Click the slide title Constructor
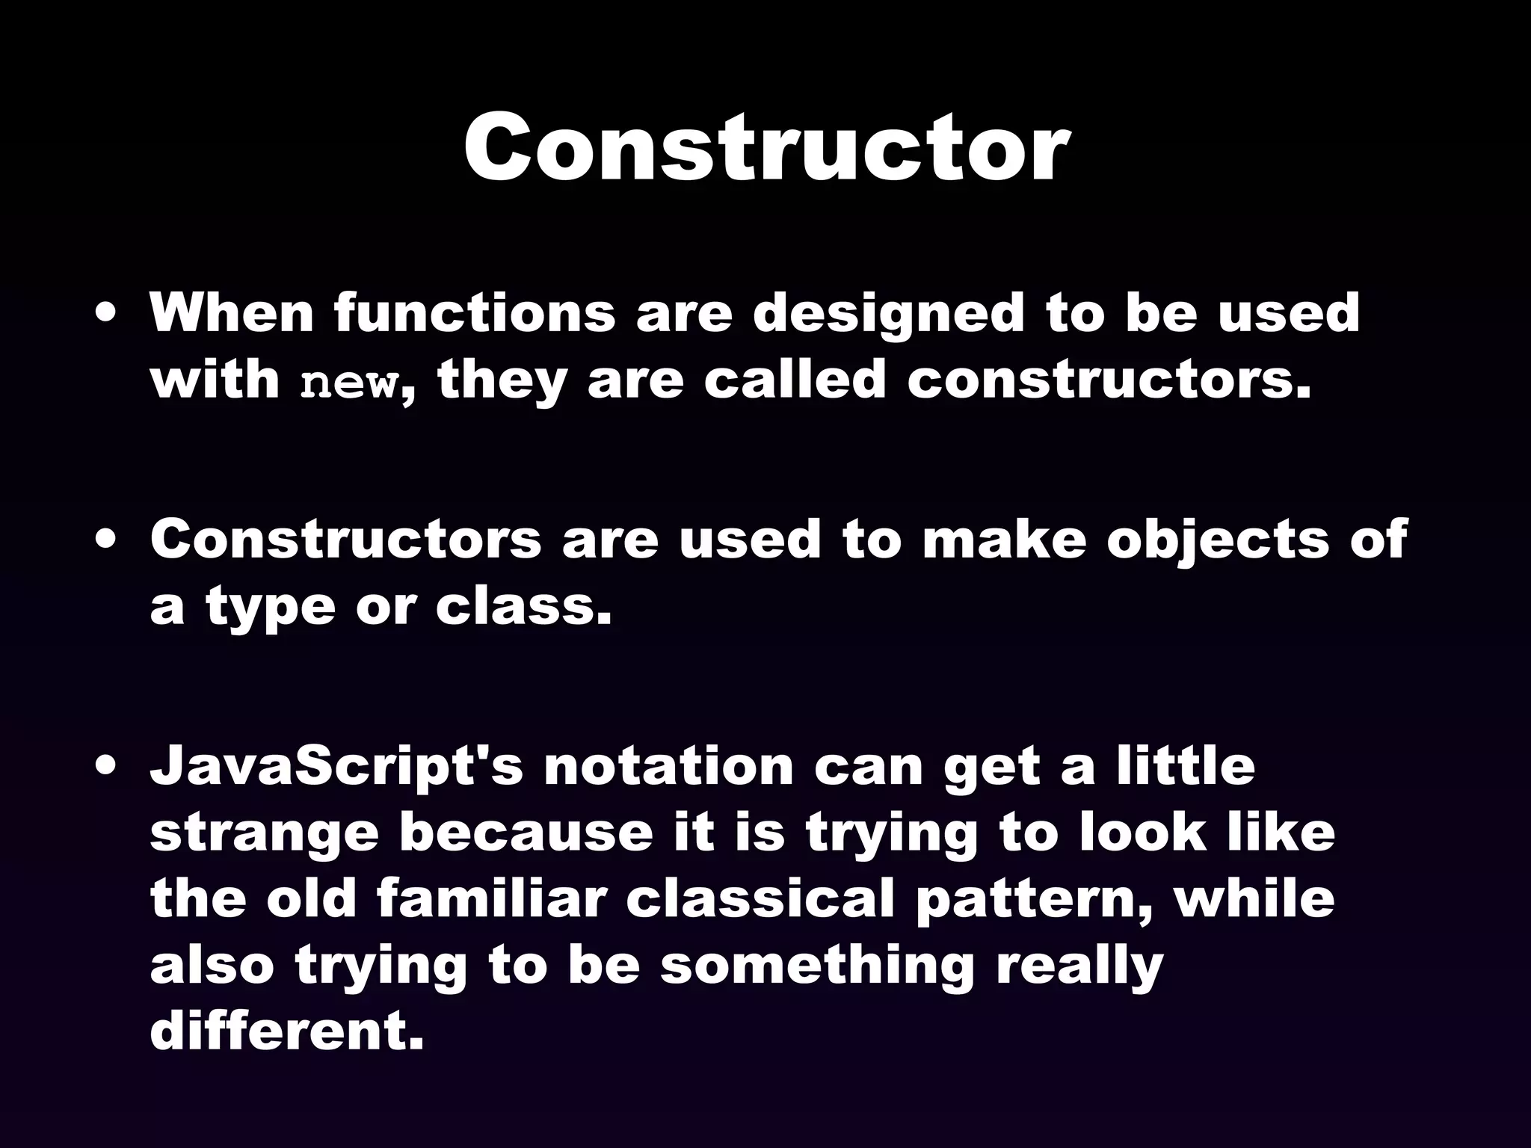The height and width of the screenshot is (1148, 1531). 765,146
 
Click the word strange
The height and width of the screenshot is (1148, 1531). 265,834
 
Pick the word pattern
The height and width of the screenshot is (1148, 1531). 1035,900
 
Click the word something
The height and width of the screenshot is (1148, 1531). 818,967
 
